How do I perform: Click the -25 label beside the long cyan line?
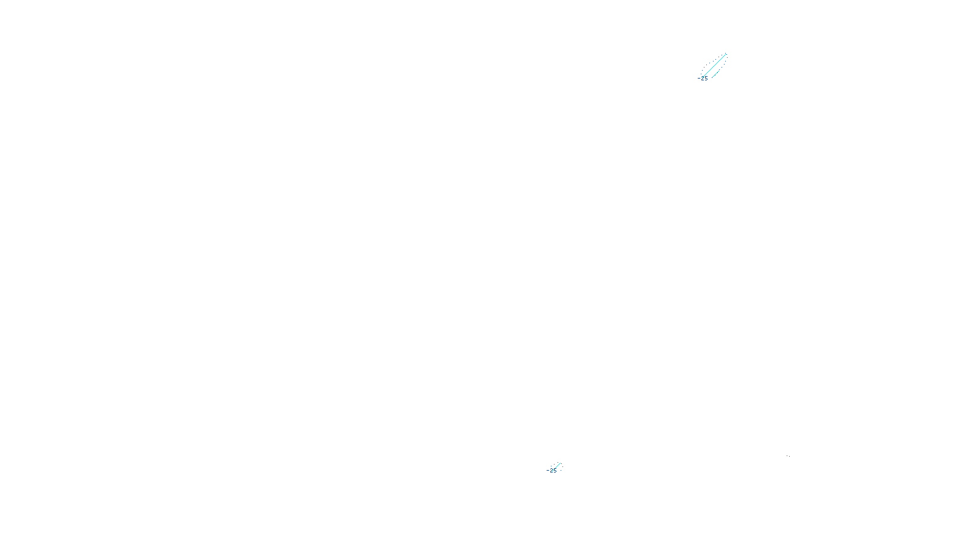coord(704,79)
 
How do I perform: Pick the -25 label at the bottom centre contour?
coord(553,471)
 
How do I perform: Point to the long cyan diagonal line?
coord(714,66)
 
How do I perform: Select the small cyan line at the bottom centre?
coord(556,466)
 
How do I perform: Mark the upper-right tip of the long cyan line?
coord(725,55)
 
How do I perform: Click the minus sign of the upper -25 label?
coord(699,78)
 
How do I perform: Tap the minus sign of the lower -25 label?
coord(548,470)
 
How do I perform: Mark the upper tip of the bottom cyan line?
coord(560,463)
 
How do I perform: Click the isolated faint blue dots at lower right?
coord(788,455)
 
